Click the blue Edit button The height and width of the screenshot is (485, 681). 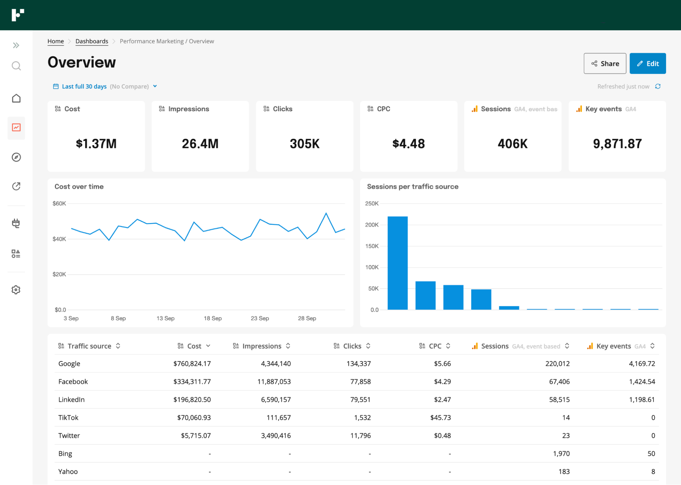click(x=647, y=63)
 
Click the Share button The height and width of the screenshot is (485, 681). click(x=605, y=63)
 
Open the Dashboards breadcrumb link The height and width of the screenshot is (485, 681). click(x=92, y=41)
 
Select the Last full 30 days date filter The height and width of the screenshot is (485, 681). click(x=84, y=87)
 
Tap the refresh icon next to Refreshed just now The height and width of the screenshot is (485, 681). click(x=658, y=86)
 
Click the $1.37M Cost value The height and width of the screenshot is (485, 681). click(x=96, y=144)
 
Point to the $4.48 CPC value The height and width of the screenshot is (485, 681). click(x=408, y=144)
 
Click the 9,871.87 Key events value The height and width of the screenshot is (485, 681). click(x=617, y=144)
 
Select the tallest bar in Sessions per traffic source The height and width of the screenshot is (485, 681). click(x=398, y=263)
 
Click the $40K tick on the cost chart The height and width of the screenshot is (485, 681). click(x=59, y=239)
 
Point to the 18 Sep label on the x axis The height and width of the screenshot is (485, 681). click(x=213, y=318)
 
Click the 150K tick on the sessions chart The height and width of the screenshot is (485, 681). click(x=372, y=246)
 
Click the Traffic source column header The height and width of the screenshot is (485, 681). click(x=89, y=346)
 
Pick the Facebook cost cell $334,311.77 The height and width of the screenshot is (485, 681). click(x=192, y=382)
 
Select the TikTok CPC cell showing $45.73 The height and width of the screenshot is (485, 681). click(x=440, y=418)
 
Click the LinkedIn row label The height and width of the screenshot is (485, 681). click(x=72, y=400)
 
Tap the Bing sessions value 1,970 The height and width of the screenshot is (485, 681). click(x=561, y=454)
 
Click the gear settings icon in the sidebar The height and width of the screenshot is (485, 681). click(x=16, y=290)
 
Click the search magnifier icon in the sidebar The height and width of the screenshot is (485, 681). click(x=16, y=66)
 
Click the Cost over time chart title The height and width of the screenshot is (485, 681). click(x=79, y=187)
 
